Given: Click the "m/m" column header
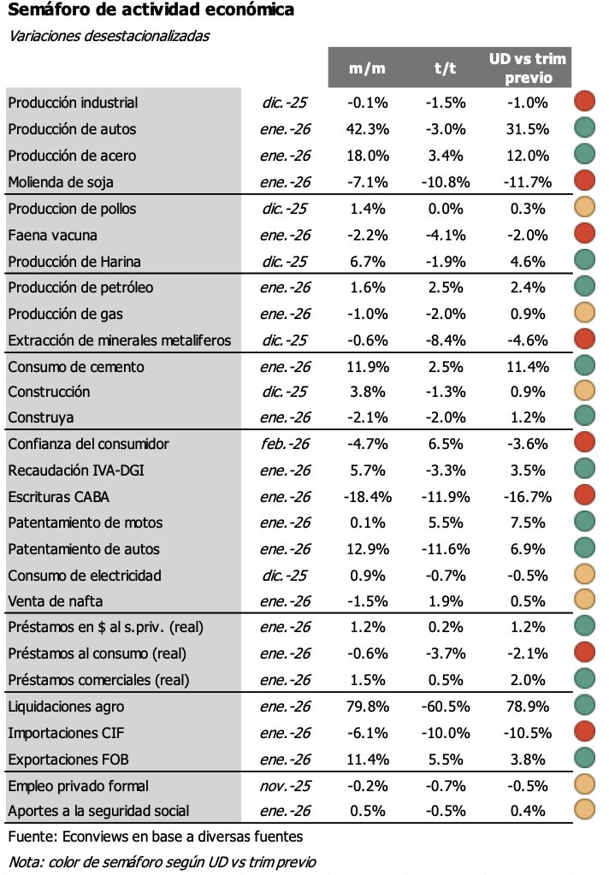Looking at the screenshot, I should (368, 68).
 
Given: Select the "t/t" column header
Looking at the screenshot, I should (444, 68).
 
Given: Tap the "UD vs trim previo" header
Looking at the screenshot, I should (528, 68).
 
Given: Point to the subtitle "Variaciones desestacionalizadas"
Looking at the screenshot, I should (109, 36).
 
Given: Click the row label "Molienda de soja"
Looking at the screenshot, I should (61, 182).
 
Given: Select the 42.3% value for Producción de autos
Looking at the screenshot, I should (368, 129).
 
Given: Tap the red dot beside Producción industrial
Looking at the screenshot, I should (585, 102).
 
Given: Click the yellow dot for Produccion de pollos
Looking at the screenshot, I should (585, 209).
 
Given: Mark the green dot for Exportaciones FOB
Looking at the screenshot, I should (585, 759).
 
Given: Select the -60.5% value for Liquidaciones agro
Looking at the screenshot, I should (445, 707).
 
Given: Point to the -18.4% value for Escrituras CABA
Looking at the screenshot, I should (368, 496).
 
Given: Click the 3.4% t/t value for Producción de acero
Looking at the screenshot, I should (445, 156).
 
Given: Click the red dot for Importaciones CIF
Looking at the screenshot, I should (585, 732).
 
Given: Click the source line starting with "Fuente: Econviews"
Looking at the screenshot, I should (154, 837).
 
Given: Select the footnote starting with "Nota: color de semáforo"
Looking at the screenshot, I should (162, 861).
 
